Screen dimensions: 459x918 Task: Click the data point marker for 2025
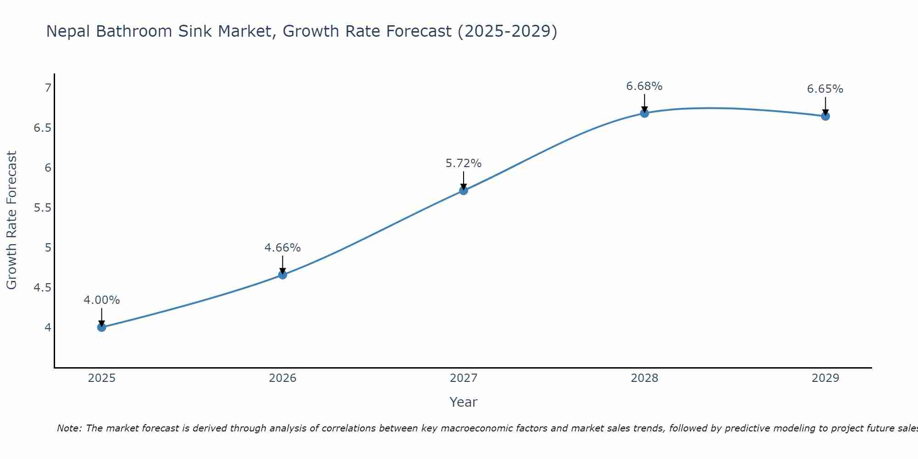102,327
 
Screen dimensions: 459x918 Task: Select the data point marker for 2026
283,275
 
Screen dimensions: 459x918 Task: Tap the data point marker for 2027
464,190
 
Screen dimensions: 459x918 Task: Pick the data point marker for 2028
644,113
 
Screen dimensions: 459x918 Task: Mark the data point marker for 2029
825,116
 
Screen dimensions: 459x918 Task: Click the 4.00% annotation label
102,300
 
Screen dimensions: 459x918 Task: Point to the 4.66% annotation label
283,248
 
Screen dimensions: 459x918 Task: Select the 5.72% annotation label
464,163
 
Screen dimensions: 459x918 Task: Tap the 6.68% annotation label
644,86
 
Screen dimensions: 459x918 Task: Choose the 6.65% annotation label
825,89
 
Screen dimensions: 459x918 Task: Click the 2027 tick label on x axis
464,378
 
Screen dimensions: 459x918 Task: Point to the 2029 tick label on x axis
825,378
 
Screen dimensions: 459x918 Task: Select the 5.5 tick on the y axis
42,208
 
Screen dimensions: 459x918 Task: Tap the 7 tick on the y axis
48,88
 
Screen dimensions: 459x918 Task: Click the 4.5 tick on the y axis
42,288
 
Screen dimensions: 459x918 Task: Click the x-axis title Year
464,402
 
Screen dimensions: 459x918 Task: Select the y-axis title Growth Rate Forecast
11,220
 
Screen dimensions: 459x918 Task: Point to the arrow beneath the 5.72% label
464,180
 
